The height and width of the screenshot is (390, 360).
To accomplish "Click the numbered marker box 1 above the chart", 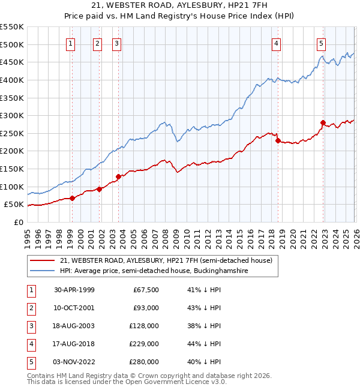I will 71,43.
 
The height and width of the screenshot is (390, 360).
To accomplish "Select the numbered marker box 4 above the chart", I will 276,43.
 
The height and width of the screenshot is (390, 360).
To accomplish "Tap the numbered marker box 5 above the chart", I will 322,43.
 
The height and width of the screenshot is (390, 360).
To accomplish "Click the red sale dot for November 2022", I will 323,123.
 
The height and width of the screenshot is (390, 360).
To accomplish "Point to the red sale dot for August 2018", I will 278,141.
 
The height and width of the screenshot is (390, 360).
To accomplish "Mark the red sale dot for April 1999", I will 73,198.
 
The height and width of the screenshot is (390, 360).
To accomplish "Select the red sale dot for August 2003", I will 118,176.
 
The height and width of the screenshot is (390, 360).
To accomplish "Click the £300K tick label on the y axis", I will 11,115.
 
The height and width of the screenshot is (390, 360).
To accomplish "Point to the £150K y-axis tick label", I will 11,169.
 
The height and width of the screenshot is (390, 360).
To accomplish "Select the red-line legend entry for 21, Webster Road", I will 166,260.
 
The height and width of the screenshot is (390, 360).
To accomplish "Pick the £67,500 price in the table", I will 145,290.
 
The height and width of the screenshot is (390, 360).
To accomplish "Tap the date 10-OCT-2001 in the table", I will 74,308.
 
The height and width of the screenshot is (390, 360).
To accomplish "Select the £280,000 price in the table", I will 143,362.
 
